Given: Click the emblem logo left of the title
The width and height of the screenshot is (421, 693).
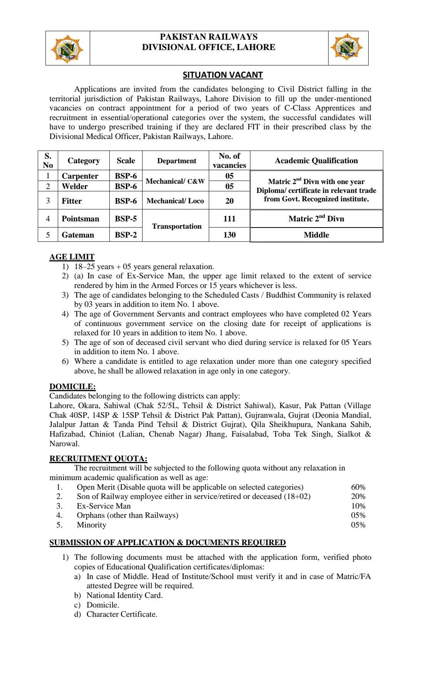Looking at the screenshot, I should (x=67, y=49).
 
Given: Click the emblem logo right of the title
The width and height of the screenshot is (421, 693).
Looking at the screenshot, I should (x=347, y=47).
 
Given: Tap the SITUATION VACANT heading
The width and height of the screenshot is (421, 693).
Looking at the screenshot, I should (x=223, y=75).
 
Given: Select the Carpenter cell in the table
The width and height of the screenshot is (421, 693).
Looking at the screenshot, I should (x=80, y=176).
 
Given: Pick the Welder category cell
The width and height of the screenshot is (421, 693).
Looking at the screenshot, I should (x=75, y=186).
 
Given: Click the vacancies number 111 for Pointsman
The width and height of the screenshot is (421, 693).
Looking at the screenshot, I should (x=229, y=219).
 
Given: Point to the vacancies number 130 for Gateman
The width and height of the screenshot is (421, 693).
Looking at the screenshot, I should (x=229, y=235).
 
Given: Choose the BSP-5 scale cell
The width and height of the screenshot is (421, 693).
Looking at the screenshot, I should (x=126, y=219).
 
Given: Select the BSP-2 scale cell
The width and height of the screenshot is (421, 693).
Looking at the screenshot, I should (x=126, y=235).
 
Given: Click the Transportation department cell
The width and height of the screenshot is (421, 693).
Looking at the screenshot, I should (x=177, y=226).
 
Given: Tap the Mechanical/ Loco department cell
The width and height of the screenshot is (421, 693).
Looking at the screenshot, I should (x=175, y=201).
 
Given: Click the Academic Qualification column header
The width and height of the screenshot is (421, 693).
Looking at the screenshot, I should (x=316, y=161).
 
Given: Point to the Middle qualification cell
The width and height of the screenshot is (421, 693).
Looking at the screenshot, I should (x=316, y=235).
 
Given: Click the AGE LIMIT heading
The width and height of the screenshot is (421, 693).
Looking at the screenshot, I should (x=72, y=257).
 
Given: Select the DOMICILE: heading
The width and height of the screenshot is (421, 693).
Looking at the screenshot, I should (x=72, y=387).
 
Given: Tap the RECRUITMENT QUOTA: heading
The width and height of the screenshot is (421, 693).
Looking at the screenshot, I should (x=98, y=459).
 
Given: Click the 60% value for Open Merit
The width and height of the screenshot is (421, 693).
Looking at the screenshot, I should (x=358, y=487).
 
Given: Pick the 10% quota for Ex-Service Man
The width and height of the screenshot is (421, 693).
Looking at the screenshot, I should (x=358, y=506).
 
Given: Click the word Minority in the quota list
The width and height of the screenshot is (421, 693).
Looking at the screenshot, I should (x=91, y=525).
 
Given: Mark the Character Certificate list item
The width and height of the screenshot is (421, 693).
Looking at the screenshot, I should (x=122, y=614).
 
